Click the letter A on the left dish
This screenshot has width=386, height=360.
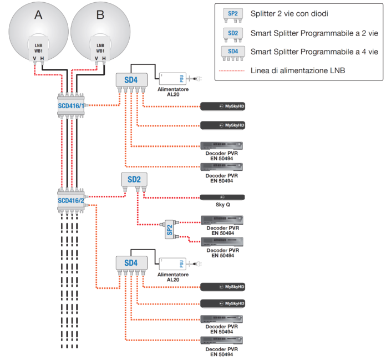click(x=38, y=16)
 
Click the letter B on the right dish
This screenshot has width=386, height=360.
click(x=100, y=16)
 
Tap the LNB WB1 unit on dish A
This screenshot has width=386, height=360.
click(x=38, y=49)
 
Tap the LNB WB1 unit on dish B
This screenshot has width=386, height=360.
click(x=100, y=49)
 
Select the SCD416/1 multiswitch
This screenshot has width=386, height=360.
click(x=72, y=105)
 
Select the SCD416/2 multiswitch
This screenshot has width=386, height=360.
click(x=72, y=200)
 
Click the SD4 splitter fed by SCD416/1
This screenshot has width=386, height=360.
click(x=131, y=80)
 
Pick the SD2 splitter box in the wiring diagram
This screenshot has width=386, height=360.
click(x=134, y=179)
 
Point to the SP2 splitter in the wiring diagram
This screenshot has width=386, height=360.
click(x=169, y=230)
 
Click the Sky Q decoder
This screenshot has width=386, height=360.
click(x=222, y=197)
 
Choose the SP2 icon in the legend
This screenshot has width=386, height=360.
click(x=232, y=13)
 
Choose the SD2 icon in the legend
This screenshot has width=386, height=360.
click(x=232, y=33)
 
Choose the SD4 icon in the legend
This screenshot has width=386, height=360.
click(x=232, y=52)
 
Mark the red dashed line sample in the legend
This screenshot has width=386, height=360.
click(x=232, y=70)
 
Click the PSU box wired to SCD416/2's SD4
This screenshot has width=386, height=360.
click(x=173, y=262)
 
